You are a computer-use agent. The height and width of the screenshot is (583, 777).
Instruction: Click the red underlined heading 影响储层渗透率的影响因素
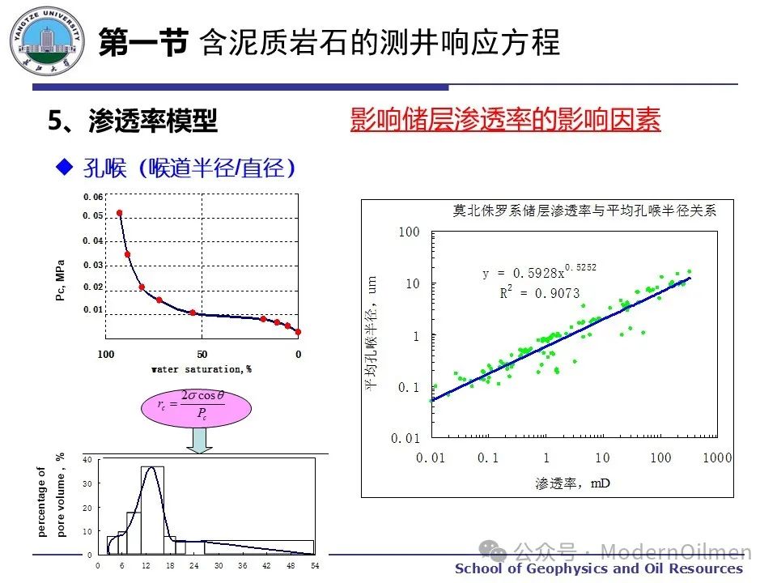click(505, 120)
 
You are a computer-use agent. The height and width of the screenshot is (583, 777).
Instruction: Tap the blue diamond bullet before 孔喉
click(64, 167)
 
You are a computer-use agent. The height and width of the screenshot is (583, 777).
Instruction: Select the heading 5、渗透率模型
click(133, 121)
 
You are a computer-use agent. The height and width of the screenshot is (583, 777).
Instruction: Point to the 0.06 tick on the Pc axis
click(93, 198)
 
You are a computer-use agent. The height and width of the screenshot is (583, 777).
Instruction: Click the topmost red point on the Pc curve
click(120, 213)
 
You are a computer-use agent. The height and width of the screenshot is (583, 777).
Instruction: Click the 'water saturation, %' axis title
click(201, 369)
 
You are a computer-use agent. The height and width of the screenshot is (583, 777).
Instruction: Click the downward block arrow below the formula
click(199, 440)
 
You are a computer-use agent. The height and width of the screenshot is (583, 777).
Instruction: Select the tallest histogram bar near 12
click(152, 510)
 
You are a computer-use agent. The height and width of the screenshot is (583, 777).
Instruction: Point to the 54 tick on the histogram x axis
click(314, 564)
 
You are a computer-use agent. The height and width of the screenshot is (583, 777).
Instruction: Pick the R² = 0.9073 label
click(539, 293)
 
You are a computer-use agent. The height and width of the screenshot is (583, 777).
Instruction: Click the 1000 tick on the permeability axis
click(716, 458)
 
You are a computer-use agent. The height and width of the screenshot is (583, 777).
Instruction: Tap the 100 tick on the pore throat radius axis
click(410, 233)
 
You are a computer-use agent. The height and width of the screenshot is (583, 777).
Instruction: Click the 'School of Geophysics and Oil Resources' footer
click(598, 568)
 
